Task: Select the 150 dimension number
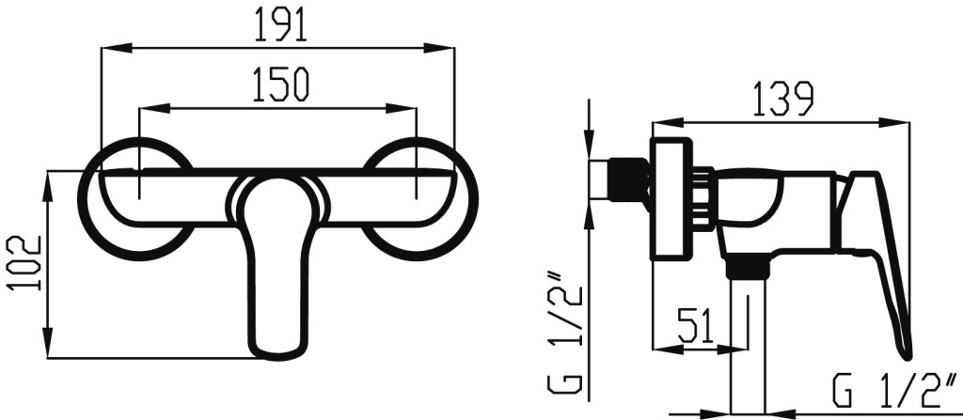tap(280, 86)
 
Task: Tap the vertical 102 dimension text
tap(24, 263)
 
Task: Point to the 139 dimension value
tap(784, 99)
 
